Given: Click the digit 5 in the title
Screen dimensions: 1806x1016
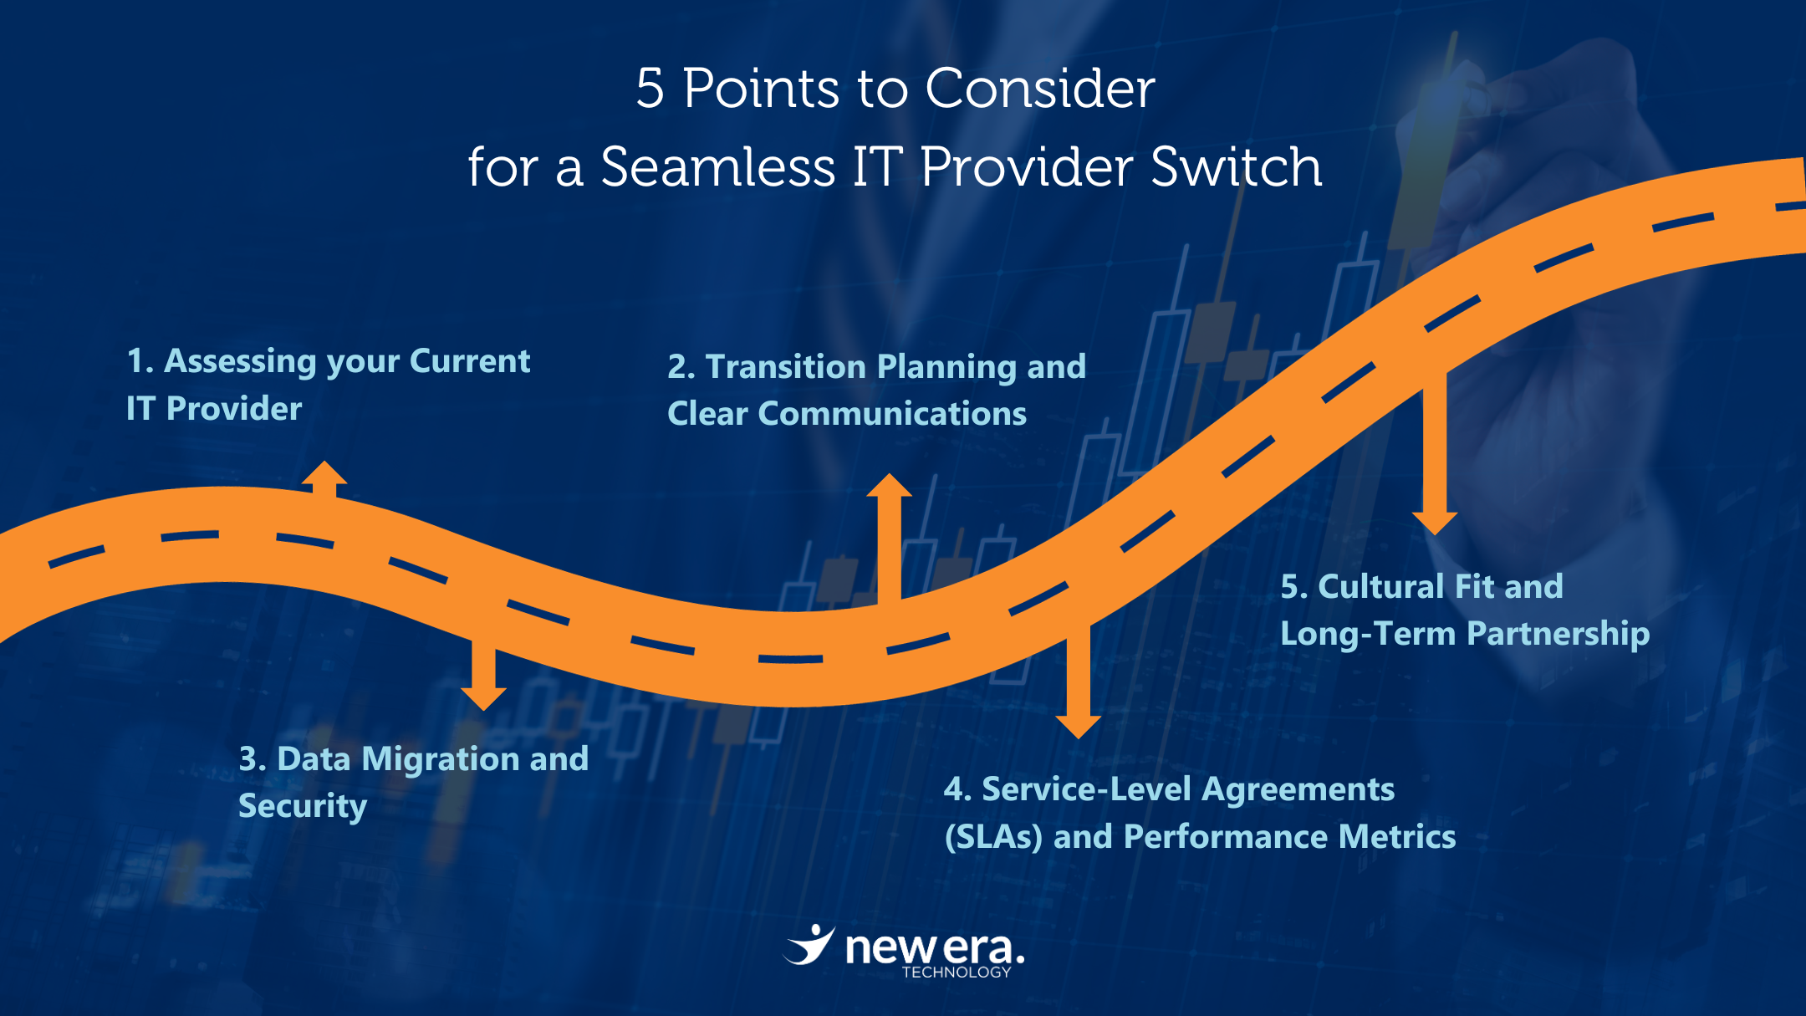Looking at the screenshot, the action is tap(650, 88).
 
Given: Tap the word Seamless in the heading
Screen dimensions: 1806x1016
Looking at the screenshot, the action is tap(717, 166).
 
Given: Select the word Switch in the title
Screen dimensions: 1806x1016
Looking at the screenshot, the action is tap(1236, 166).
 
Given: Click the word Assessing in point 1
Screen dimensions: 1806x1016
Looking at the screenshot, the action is tap(241, 361).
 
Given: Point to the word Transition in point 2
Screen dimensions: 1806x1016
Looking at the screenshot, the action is tap(785, 366).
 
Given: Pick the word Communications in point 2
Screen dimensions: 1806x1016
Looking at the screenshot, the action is tap(892, 413).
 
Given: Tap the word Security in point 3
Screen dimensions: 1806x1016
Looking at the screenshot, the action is tap(303, 806).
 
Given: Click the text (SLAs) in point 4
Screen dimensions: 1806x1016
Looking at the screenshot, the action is tap(993, 836).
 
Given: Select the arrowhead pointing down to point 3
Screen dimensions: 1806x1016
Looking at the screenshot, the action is tap(483, 699).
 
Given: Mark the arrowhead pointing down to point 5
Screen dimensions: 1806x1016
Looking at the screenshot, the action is tap(1435, 523).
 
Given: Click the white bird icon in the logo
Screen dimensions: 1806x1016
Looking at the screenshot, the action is tap(809, 945).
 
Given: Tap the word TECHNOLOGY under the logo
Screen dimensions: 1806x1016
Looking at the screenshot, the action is tap(957, 972).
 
